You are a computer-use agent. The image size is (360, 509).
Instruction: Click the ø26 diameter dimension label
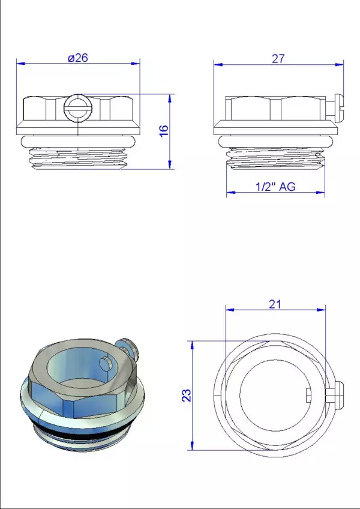point(78,58)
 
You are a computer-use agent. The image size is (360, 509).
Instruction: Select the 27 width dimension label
point(278,59)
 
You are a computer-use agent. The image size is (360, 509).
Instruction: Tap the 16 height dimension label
point(164,130)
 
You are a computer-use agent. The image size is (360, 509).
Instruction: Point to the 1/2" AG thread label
point(275,187)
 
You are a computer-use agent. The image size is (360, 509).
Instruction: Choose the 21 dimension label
point(275,304)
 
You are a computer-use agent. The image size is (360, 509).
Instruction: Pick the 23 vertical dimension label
point(187,395)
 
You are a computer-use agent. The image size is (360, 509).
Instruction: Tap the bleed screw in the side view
point(335,109)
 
